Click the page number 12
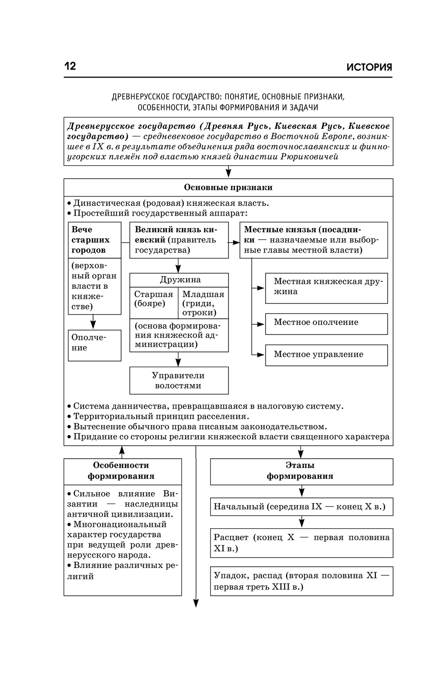70,66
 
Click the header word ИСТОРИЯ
369,67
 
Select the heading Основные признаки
228,188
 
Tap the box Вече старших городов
94,240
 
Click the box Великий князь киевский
179,240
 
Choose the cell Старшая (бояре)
154,299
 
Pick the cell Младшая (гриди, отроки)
203,303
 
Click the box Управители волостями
179,381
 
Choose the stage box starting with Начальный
301,507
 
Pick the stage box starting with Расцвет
301,543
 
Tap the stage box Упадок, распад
301,581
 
